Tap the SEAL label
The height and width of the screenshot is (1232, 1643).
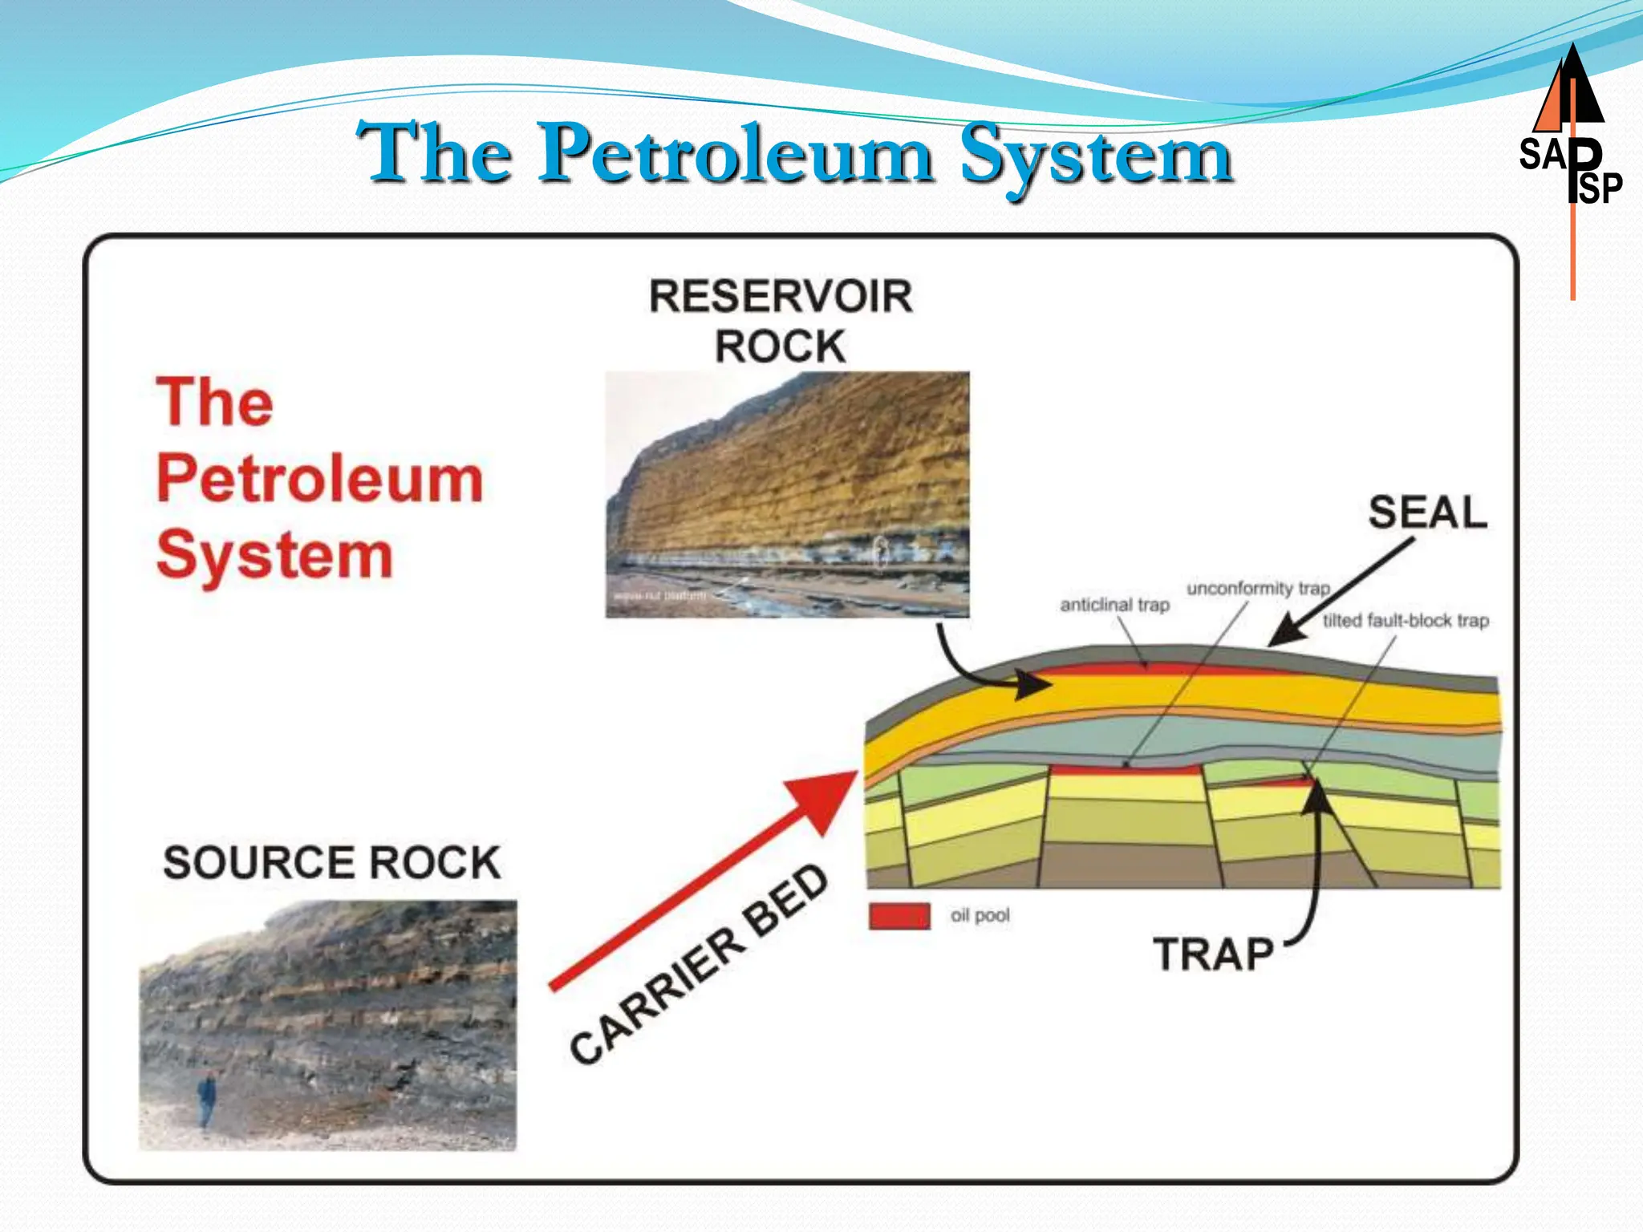click(x=1427, y=513)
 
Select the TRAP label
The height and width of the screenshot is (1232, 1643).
click(x=1213, y=954)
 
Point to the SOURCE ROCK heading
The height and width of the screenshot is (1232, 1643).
click(x=331, y=863)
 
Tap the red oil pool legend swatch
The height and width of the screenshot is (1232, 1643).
click(x=899, y=916)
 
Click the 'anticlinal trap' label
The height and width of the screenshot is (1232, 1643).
click(x=1114, y=605)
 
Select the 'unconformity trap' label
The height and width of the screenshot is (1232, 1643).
click(x=1258, y=589)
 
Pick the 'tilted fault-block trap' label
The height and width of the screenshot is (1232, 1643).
click(x=1406, y=621)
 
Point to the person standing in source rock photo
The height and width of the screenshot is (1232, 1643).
click(x=207, y=1100)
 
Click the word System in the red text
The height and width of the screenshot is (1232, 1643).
click(x=274, y=555)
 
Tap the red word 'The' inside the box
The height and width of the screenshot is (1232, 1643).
click(x=214, y=402)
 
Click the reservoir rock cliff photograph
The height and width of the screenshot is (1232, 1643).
click(x=787, y=494)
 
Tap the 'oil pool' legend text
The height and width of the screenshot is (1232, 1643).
click(x=980, y=916)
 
